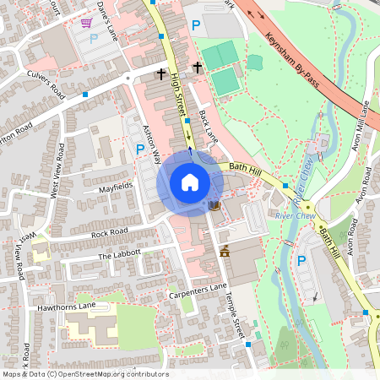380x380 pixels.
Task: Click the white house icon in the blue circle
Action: [190, 182]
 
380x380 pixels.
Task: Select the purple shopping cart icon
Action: [86, 23]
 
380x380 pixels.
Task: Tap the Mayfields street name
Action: [117, 183]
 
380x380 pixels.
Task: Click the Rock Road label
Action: [109, 232]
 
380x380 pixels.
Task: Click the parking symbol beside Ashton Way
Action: [139, 149]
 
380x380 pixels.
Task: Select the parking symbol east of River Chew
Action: [301, 260]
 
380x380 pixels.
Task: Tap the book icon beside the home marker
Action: [214, 205]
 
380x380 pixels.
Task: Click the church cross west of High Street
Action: [160, 73]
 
